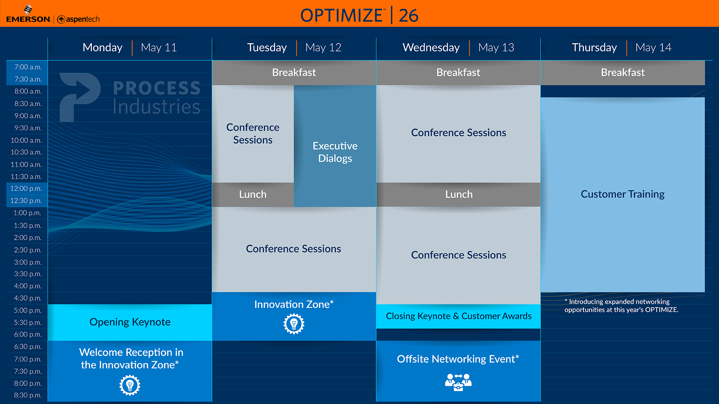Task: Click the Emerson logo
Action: point(28,14)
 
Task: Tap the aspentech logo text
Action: point(83,19)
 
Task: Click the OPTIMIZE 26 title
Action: point(359,15)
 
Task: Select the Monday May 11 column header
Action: point(130,48)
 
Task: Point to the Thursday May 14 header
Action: point(622,48)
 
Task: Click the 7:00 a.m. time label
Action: point(28,67)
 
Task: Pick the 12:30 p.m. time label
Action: point(26,201)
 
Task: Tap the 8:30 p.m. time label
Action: point(28,395)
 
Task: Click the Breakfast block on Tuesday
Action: point(294,73)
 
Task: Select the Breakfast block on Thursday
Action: point(623,73)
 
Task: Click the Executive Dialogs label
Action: point(335,152)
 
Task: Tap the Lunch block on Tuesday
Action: point(253,195)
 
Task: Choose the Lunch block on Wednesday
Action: point(458,195)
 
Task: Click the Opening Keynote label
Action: point(130,322)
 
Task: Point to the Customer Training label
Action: point(622,194)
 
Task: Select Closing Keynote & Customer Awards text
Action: point(459,316)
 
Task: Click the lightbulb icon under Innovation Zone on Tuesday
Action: point(294,324)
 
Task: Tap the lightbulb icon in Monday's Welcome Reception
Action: point(130,385)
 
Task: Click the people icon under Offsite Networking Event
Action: point(458,382)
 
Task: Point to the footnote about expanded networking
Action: point(621,306)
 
